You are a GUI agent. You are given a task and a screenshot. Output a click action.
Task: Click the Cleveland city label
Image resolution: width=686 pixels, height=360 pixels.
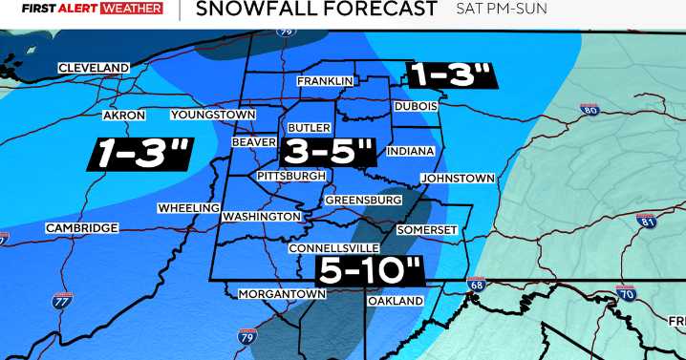tap(94, 68)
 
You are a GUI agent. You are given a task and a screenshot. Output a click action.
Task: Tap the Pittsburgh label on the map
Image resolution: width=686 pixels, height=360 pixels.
tap(291, 176)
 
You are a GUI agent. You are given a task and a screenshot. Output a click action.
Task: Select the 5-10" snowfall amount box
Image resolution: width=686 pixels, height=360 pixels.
tap(372, 270)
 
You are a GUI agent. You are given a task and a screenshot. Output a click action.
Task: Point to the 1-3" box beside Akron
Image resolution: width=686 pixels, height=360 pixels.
tap(141, 154)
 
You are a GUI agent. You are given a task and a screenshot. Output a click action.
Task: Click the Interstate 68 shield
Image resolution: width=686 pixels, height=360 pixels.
tap(477, 285)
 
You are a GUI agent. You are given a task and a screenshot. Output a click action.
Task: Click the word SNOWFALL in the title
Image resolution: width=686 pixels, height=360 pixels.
tap(250, 11)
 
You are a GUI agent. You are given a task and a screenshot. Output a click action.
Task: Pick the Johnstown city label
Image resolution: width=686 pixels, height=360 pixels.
tap(461, 179)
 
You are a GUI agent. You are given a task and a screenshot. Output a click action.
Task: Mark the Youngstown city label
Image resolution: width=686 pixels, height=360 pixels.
tap(213, 115)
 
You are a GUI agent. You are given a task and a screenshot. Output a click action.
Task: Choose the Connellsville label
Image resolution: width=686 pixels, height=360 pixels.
tap(334, 248)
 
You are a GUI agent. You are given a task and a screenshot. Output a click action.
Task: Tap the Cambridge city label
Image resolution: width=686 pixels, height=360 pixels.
tap(81, 228)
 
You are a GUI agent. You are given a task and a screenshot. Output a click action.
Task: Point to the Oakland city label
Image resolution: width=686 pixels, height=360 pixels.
tap(395, 301)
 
